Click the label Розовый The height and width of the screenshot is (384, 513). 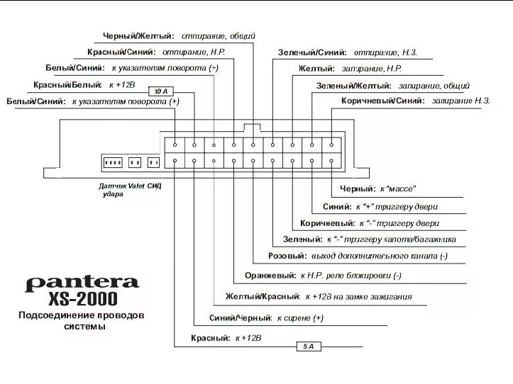[287, 256]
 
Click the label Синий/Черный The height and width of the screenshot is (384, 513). [241, 319]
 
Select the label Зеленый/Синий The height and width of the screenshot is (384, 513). [312, 52]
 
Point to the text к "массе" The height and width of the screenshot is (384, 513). [397, 188]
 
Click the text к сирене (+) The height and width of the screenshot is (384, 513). [300, 319]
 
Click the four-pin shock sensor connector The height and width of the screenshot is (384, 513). [112, 163]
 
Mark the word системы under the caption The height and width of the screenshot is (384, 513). [84, 327]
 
